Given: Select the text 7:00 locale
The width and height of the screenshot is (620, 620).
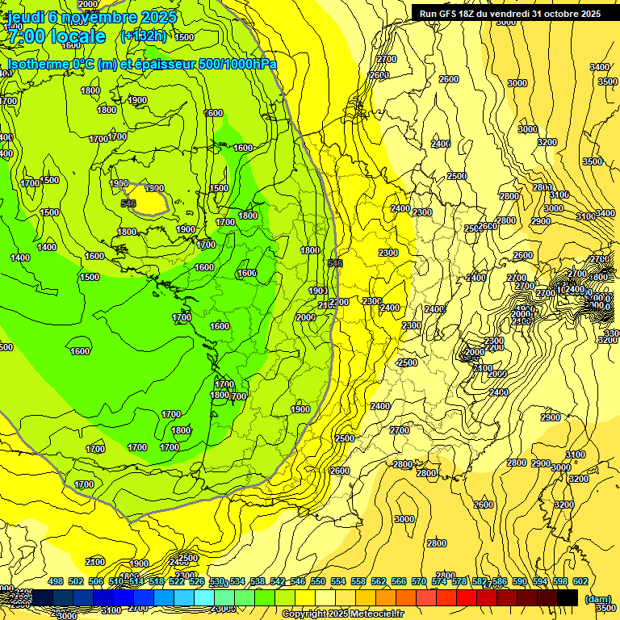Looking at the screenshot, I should pyautogui.click(x=55, y=36).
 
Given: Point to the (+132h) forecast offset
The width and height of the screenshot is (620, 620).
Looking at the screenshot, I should pyautogui.click(x=143, y=36).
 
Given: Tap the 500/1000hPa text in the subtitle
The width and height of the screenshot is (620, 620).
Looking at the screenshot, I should pyautogui.click(x=243, y=64).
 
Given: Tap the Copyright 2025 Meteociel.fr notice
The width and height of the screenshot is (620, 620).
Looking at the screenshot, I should pyautogui.click(x=343, y=614).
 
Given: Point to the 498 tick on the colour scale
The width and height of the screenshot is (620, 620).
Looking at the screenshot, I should pyautogui.click(x=56, y=581).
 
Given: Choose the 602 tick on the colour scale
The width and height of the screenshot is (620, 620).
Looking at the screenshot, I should pyautogui.click(x=580, y=581).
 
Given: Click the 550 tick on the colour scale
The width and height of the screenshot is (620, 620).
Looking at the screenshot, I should pyautogui.click(x=318, y=581).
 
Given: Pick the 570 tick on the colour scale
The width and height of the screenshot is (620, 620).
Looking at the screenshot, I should pyautogui.click(x=419, y=581).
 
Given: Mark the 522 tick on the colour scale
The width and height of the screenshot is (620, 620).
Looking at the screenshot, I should pyautogui.click(x=177, y=581).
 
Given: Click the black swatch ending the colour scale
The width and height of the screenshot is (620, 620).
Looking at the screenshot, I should pyautogui.click(x=568, y=597).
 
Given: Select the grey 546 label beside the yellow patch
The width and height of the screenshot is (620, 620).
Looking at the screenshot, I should pyautogui.click(x=128, y=203).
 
